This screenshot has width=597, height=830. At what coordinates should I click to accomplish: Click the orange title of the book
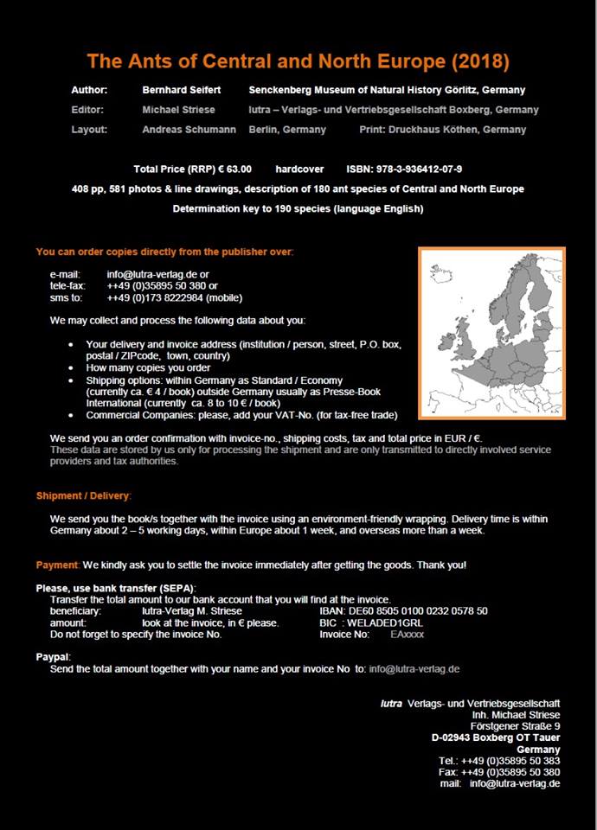pyautogui.click(x=298, y=61)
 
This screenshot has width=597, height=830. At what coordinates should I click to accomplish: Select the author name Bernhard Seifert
pyautogui.click(x=183, y=90)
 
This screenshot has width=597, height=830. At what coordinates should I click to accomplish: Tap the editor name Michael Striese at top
pyautogui.click(x=178, y=110)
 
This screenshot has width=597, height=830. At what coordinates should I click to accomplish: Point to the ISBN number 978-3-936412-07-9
pyautogui.click(x=416, y=169)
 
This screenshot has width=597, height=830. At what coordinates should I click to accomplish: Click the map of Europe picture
pyautogui.click(x=491, y=333)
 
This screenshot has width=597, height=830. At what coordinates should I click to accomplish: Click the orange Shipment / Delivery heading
pyautogui.click(x=83, y=495)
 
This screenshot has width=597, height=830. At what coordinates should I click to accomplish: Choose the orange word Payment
pyautogui.click(x=57, y=565)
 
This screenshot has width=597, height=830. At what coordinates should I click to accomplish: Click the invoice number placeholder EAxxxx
pyautogui.click(x=408, y=634)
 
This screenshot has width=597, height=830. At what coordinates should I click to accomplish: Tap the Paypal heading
pyautogui.click(x=53, y=657)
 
